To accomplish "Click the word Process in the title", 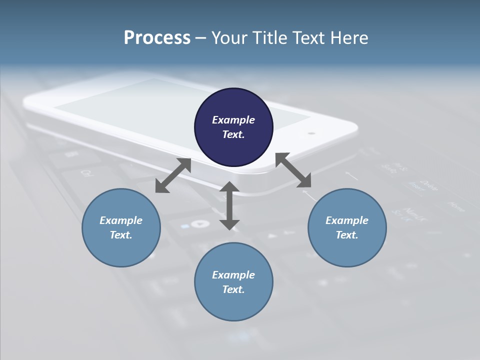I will [157, 38].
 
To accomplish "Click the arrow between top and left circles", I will [173, 175].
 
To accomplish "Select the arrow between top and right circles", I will [293, 170].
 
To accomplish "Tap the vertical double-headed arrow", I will [229, 205].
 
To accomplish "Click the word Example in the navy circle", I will [233, 120].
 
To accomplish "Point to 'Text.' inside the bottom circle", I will [233, 289].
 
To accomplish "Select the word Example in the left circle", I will [121, 220].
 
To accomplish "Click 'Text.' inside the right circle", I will [347, 235].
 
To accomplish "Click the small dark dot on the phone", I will [311, 133].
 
